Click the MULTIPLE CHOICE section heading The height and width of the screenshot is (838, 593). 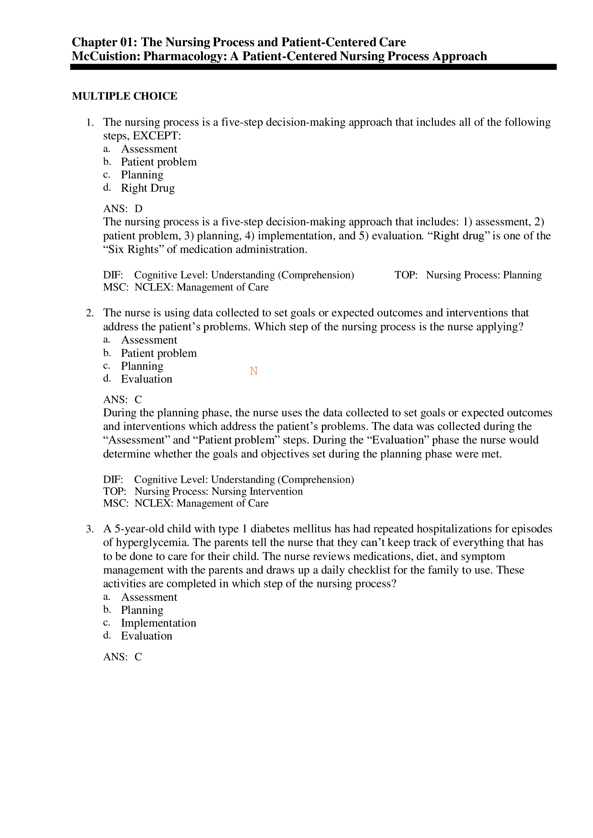point(125,96)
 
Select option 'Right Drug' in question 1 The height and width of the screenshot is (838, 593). point(148,188)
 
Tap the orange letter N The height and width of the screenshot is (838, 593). point(254,371)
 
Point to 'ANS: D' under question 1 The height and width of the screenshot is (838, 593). point(123,209)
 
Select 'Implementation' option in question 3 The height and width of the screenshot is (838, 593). point(159,623)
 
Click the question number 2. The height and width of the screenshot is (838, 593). point(90,313)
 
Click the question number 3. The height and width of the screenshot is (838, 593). point(90,529)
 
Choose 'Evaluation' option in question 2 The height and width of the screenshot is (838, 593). point(146,379)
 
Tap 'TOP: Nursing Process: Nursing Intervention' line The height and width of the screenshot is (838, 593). point(203,491)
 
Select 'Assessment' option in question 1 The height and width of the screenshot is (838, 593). point(149,149)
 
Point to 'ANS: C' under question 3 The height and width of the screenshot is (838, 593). point(123,657)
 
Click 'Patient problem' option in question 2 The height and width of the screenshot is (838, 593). point(159,353)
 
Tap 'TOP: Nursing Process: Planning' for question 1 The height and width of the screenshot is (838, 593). point(468,275)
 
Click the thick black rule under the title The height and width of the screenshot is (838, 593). point(313,67)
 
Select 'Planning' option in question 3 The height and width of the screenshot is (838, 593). point(142,610)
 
